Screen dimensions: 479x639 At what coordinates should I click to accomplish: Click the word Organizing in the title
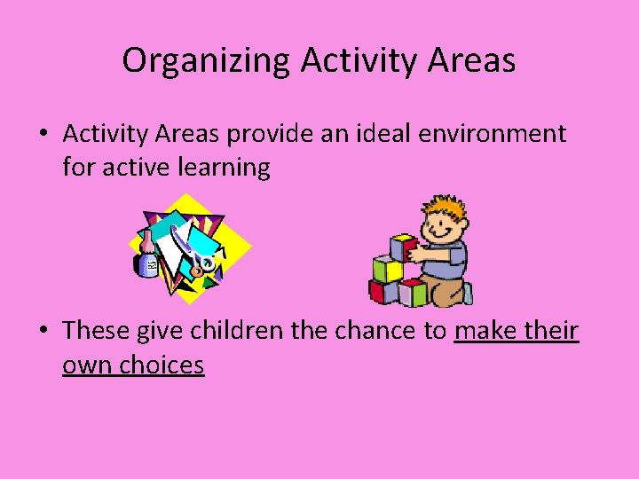(207, 61)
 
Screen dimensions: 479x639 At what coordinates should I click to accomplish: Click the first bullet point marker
(43, 135)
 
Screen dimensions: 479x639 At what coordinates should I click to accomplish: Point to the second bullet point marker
(43, 332)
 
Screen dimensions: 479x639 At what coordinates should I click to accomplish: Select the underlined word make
(485, 331)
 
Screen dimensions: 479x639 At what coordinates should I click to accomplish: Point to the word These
(97, 331)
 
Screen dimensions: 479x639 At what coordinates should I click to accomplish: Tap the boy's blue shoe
(467, 293)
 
